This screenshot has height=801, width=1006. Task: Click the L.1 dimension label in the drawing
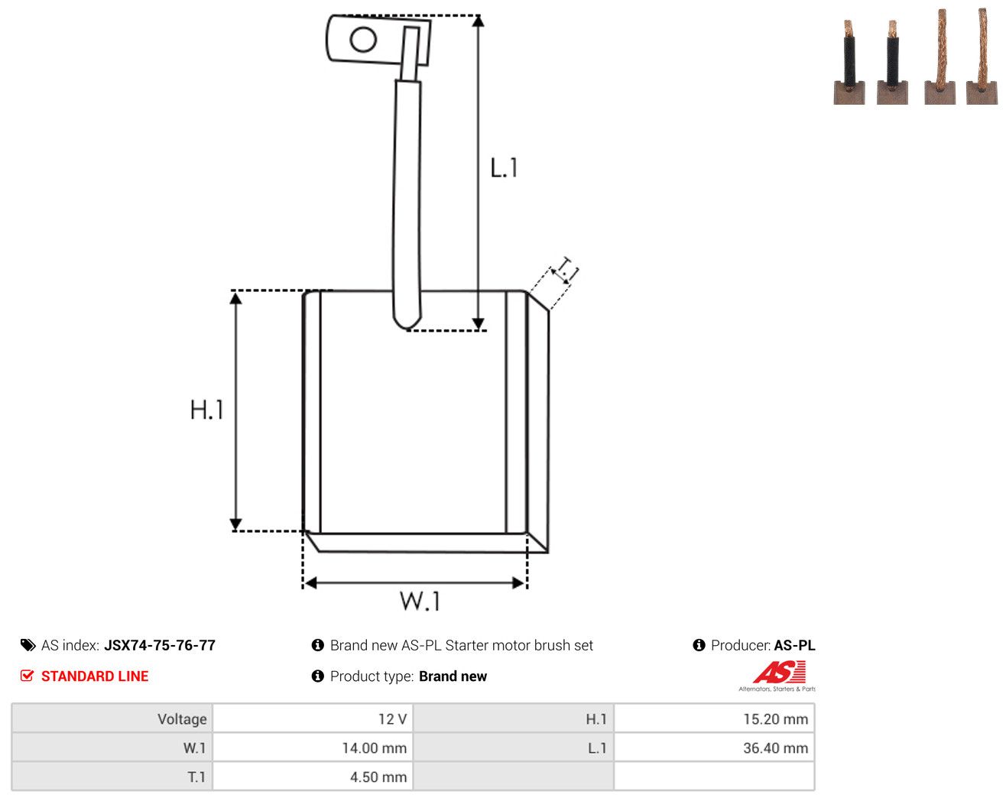[x=504, y=168]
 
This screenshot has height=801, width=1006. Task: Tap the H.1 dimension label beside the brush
[x=206, y=410]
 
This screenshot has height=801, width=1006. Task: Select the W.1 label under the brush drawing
[x=420, y=601]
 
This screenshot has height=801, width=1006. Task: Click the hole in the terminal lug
[x=363, y=39]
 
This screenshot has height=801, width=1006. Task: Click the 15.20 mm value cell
[x=714, y=718]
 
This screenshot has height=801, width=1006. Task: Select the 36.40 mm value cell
[x=714, y=747]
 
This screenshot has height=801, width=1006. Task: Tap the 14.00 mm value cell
[x=313, y=747]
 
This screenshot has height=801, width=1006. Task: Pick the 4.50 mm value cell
[x=313, y=777]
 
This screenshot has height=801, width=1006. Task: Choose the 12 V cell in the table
[x=313, y=718]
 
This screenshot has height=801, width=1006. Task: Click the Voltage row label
[x=182, y=718]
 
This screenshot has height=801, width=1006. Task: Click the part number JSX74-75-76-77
[x=160, y=645]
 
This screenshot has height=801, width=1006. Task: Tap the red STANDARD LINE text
[x=95, y=676]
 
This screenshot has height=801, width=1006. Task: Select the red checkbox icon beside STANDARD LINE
[x=27, y=676]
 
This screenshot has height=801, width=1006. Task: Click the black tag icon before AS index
[x=28, y=645]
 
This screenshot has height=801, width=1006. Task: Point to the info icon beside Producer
[x=699, y=645]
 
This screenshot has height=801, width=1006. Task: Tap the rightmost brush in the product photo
[x=982, y=56]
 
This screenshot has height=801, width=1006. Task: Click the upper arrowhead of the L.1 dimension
[x=478, y=21]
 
